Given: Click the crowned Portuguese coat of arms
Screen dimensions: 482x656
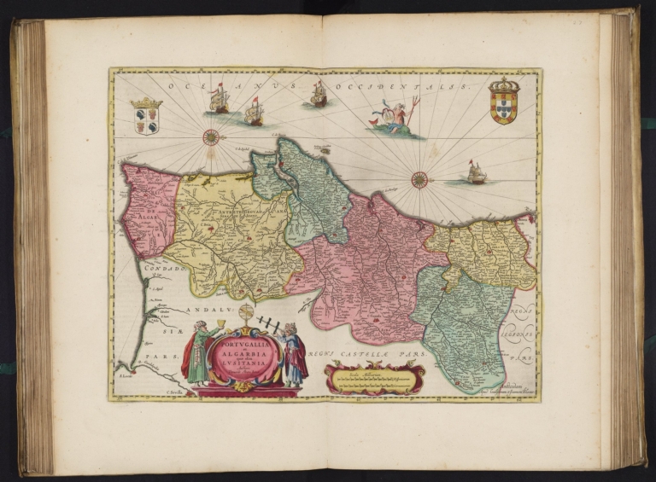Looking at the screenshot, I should point(503,102).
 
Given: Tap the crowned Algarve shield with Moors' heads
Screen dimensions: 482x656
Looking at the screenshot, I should point(146,115).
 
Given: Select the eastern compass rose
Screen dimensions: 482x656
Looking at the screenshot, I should point(419,179).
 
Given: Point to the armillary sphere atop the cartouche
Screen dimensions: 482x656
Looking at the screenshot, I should point(247,312).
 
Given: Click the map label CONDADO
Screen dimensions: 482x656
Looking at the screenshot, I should point(163,269).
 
